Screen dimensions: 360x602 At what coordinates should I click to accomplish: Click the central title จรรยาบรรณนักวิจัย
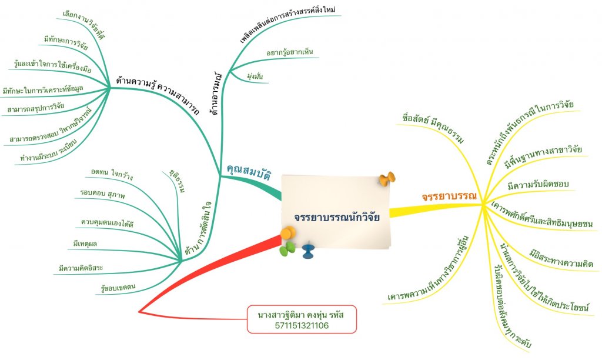coord(337,216)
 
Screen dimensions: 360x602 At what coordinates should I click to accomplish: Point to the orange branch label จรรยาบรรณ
coord(449,196)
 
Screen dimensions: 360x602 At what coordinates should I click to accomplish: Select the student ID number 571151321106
coord(302,325)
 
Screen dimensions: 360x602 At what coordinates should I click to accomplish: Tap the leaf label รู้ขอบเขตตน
coord(119,287)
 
